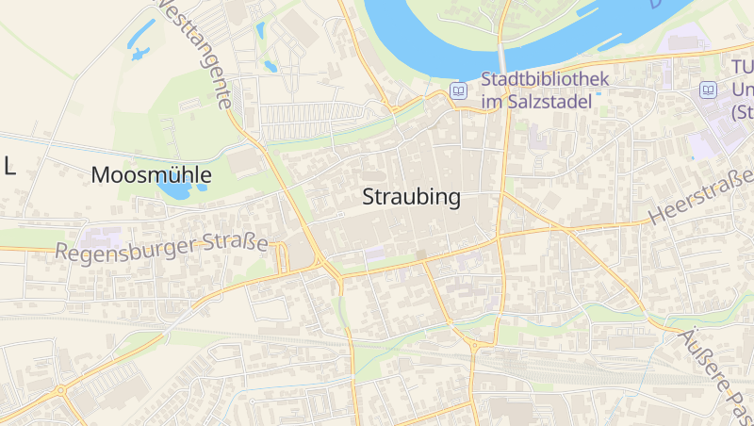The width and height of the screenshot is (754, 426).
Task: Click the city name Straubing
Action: [x=412, y=198]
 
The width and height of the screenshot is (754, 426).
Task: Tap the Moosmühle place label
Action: [x=151, y=175]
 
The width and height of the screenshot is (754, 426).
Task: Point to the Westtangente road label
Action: [x=193, y=52]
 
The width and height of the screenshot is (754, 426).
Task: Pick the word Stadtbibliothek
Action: [x=545, y=79]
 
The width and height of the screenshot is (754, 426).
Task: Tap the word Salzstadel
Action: [x=551, y=101]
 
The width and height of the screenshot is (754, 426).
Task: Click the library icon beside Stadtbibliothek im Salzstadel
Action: [x=459, y=90]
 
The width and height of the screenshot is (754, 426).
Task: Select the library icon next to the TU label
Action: [x=708, y=90]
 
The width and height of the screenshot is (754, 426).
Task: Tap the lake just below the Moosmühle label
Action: [x=174, y=191]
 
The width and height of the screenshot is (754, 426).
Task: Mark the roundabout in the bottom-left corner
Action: [x=60, y=389]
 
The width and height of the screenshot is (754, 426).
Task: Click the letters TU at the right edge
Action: [x=743, y=68]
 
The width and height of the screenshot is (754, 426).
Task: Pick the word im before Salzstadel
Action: [x=492, y=101]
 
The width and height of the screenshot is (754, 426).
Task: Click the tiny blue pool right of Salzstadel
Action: [x=597, y=91]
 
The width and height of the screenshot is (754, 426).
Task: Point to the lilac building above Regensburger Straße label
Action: [x=101, y=237]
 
